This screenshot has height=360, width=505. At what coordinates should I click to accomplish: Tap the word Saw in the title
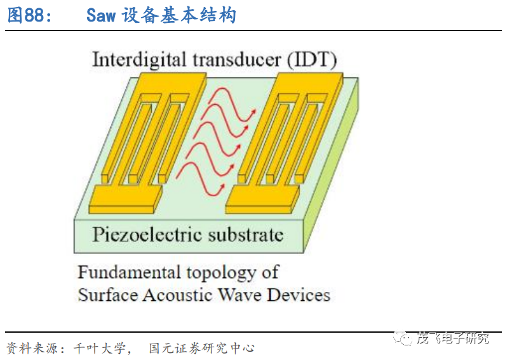coord(101,15)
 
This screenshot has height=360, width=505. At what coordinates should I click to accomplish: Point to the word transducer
coord(237,60)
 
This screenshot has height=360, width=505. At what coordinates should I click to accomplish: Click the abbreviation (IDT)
coord(312,60)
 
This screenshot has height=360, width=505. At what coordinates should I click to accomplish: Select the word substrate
coord(246,235)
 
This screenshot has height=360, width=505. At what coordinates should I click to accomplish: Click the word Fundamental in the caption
coord(129,272)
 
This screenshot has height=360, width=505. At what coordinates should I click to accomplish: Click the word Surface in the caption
coord(108,295)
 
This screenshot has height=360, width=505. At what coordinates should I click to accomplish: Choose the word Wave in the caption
coord(239,295)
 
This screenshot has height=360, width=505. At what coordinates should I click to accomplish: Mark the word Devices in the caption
coord(299,295)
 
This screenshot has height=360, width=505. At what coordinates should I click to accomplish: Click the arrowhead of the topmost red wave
coord(253,112)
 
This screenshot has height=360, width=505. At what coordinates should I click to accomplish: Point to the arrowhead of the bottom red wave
coord(222,187)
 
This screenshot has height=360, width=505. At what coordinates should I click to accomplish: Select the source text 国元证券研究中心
coord(201,348)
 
